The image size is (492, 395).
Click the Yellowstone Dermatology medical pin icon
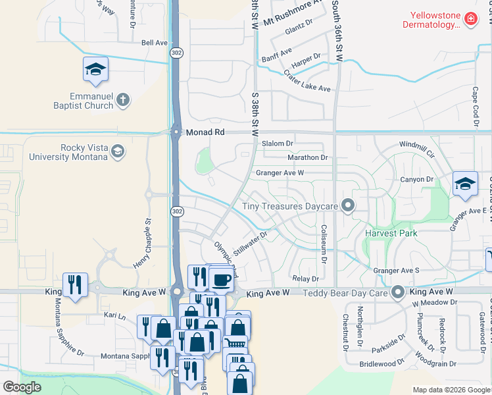click(470, 20)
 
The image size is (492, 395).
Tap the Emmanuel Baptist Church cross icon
click(122, 101)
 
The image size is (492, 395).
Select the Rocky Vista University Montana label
click(68, 153)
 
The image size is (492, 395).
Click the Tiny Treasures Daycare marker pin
click(347, 207)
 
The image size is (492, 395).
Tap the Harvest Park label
click(392, 234)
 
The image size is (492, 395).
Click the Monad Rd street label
click(205, 132)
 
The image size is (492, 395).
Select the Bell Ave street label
click(155, 43)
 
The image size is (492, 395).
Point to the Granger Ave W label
click(280, 173)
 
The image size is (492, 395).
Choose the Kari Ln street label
click(116, 316)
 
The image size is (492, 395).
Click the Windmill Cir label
click(417, 145)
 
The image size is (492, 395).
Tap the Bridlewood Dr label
click(382, 363)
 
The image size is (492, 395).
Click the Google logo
click(22, 387)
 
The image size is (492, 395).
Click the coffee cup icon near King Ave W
click(220, 280)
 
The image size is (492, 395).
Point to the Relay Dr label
click(305, 279)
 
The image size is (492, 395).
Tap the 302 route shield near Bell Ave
click(176, 52)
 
